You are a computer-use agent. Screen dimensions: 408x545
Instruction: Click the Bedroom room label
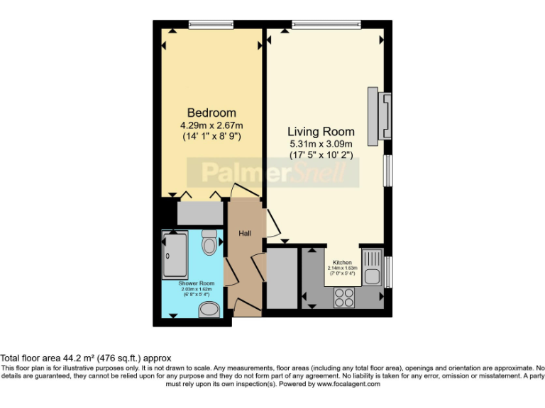(211, 113)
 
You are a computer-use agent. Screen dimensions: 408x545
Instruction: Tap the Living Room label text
(321, 132)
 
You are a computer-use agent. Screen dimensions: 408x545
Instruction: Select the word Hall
(244, 233)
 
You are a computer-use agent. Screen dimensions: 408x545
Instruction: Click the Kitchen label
(342, 262)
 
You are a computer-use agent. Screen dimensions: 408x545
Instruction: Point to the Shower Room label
(196, 283)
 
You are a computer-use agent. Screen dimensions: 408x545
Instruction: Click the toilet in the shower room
(209, 243)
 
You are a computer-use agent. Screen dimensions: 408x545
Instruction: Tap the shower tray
(175, 255)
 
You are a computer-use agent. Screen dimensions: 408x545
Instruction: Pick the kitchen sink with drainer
(372, 268)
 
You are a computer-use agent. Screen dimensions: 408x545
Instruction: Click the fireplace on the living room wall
(378, 113)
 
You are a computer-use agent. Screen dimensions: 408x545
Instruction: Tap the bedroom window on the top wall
(211, 25)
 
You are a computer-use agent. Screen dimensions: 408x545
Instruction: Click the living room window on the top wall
(326, 25)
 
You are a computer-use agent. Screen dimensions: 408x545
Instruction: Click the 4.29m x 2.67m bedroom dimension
(211, 126)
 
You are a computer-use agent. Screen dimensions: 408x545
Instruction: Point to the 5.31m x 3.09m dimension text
(321, 144)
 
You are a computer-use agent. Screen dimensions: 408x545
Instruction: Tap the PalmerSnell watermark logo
(272, 172)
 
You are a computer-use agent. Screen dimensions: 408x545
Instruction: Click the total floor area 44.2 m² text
(85, 358)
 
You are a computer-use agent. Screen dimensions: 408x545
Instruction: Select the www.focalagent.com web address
(348, 384)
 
